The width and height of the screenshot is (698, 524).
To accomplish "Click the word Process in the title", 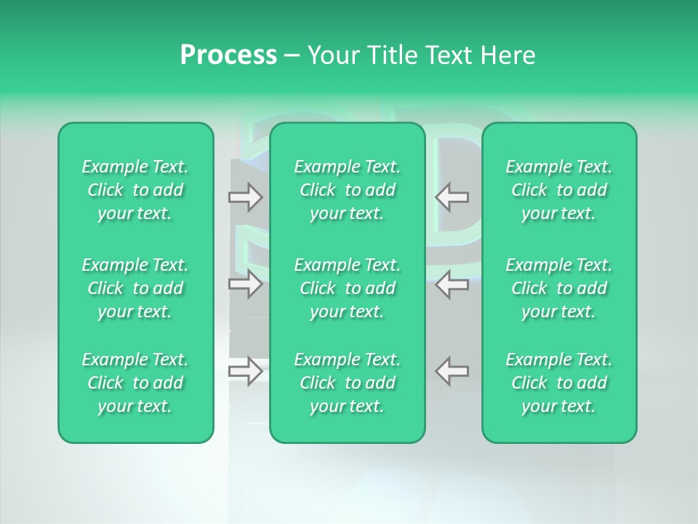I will click(x=228, y=55).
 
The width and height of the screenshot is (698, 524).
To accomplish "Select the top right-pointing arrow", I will click(x=246, y=196).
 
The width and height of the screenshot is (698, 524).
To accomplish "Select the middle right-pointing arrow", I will click(x=246, y=284).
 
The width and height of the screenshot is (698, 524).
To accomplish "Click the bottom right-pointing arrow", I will click(x=246, y=370).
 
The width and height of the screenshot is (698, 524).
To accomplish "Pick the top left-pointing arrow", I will click(x=452, y=196).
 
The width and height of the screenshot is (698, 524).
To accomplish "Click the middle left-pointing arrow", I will click(x=452, y=284).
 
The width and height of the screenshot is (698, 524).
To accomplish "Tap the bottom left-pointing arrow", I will click(x=452, y=370).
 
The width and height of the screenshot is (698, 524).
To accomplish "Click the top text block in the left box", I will click(x=135, y=190).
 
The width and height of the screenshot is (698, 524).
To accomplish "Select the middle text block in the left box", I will click(x=135, y=288).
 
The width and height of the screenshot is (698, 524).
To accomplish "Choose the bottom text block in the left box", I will click(x=135, y=383).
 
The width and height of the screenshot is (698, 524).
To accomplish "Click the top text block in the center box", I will click(x=348, y=190).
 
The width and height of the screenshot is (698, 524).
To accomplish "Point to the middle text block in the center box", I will click(x=348, y=288).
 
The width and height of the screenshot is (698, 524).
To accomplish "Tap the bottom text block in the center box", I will click(x=348, y=383).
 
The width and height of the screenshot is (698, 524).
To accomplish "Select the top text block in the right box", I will click(x=559, y=190).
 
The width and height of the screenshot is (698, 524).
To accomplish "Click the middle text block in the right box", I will click(x=559, y=288).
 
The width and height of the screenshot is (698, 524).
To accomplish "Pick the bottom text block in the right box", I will click(x=559, y=383).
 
